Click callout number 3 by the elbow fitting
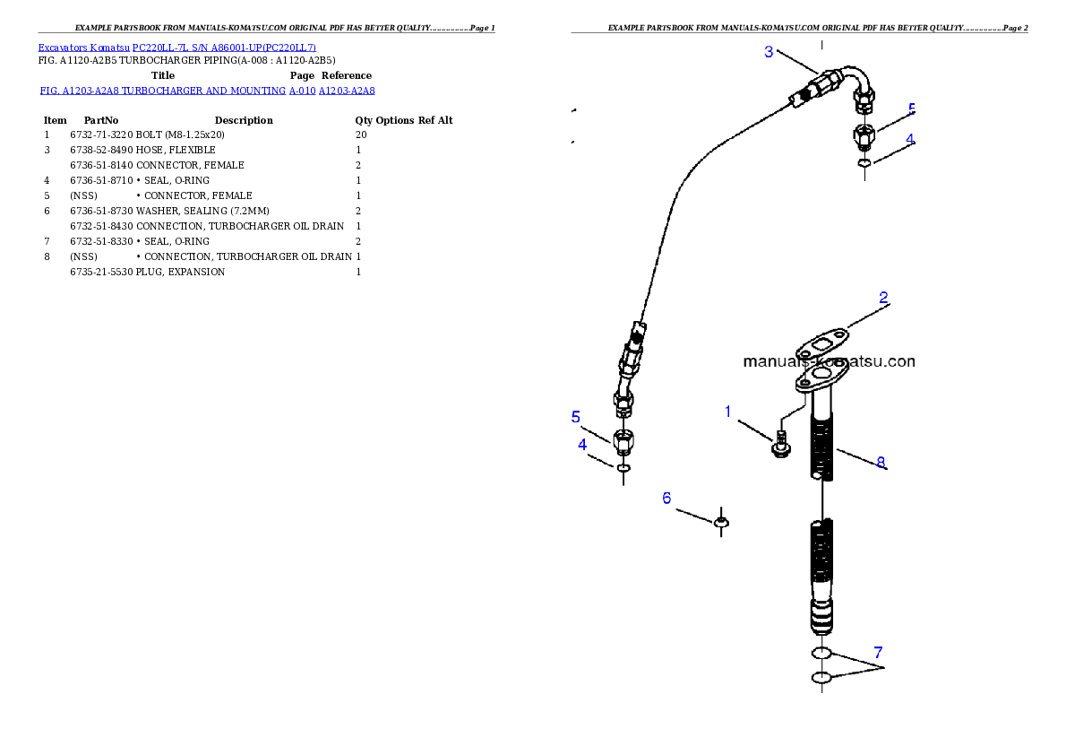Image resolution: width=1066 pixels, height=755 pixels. click(x=769, y=52)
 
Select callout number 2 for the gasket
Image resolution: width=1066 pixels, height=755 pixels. click(x=883, y=298)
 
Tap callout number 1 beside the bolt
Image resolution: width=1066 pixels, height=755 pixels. click(x=728, y=412)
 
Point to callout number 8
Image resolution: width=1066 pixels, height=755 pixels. click(x=881, y=463)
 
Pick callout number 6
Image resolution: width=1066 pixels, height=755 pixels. click(x=666, y=498)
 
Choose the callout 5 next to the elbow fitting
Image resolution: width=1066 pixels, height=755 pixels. click(x=911, y=109)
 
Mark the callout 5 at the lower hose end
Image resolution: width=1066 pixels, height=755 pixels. click(x=576, y=417)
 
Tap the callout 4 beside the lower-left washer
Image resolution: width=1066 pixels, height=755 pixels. click(x=582, y=444)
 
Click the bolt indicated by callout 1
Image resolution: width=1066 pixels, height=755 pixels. click(x=778, y=444)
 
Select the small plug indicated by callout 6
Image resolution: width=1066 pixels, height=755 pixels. click(x=721, y=521)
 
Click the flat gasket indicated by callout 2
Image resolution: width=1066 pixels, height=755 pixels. click(x=822, y=343)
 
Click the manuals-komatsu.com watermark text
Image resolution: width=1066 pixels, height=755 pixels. click(x=829, y=362)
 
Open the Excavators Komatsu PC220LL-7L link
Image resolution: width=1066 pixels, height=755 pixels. click(x=176, y=48)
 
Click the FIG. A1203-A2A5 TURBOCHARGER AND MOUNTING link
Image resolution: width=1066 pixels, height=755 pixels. click(x=207, y=91)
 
